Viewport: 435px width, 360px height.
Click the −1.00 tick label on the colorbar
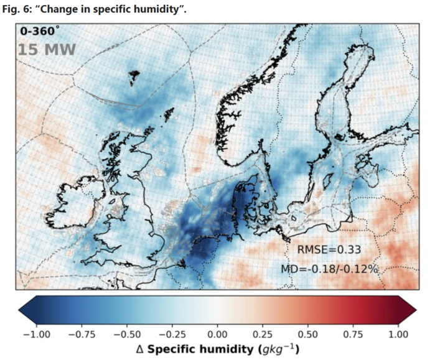[x=37, y=335]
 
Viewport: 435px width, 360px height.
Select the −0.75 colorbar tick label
[x=82, y=335]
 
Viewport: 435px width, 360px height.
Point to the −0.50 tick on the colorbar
[x=127, y=335]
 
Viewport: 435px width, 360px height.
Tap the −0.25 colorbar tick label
[x=172, y=335]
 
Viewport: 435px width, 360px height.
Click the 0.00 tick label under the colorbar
[x=218, y=335]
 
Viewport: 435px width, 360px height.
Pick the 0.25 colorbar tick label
[x=263, y=335]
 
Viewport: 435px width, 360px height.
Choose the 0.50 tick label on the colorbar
[x=308, y=335]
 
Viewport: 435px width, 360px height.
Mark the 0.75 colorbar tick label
[x=353, y=335]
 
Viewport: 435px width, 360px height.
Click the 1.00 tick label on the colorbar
[x=398, y=335]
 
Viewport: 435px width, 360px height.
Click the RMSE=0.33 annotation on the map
[x=329, y=250]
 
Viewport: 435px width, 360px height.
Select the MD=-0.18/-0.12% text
[x=330, y=269]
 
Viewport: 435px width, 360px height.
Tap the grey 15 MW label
[x=47, y=50]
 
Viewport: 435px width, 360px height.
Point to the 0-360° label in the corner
[x=40, y=30]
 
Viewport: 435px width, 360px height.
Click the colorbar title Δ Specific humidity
[x=218, y=349]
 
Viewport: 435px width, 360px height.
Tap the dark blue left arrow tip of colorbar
[x=19, y=310]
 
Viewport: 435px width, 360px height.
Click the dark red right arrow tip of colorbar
[x=416, y=310]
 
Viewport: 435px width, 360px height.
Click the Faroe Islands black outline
[x=134, y=77]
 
